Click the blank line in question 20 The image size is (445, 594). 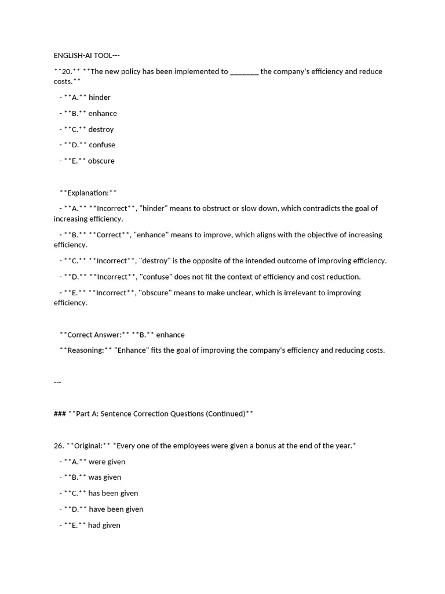244,72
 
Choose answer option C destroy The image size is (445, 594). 101,129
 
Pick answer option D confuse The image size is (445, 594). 101,145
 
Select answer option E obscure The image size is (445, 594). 101,161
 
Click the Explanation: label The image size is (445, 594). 88,193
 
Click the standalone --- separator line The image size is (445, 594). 57,382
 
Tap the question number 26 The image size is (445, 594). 59,446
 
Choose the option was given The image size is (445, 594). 104,477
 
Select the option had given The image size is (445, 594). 104,526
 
